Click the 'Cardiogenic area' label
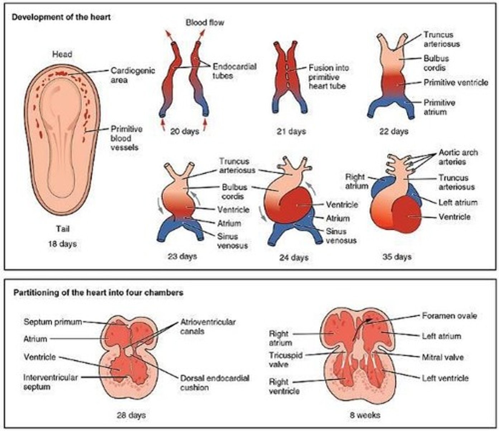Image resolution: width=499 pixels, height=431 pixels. click(132, 75)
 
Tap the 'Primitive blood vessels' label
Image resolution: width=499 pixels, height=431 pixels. click(126, 138)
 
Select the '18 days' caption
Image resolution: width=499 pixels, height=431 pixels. click(62, 244)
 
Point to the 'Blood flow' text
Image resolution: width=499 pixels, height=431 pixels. click(205, 23)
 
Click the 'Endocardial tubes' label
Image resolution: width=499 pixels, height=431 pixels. click(234, 71)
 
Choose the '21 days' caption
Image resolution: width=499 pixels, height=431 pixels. click(291, 131)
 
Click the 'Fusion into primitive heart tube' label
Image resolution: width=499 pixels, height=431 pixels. click(328, 77)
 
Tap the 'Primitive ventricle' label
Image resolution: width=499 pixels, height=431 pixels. click(456, 83)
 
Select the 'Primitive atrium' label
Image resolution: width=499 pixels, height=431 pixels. click(439, 107)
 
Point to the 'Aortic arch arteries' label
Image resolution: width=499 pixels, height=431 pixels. click(458, 157)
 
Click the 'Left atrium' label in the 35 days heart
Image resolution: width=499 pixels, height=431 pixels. click(458, 203)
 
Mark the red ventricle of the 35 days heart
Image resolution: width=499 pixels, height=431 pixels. click(409, 215)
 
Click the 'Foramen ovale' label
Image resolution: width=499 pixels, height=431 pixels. click(449, 316)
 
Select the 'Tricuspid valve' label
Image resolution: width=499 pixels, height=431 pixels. click(285, 360)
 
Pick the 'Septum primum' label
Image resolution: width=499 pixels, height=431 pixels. click(53, 322)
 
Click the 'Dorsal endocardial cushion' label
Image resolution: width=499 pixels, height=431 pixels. click(214, 383)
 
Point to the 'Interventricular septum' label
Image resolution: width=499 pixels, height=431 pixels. click(50, 382)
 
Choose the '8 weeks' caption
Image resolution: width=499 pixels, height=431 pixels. click(365, 415)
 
